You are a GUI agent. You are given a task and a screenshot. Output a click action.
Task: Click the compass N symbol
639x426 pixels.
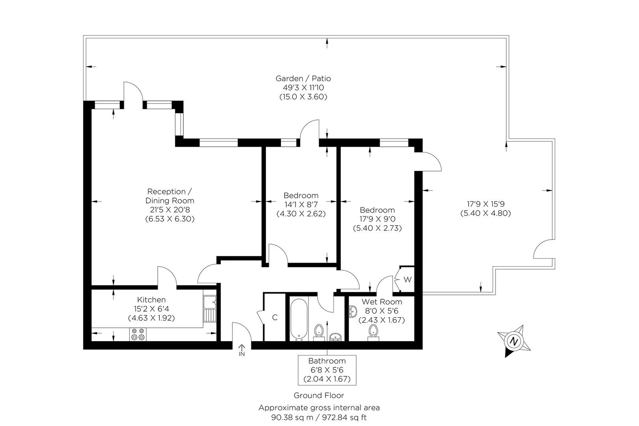pos(514,341)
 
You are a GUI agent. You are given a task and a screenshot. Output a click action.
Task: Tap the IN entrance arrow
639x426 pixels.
pos(242,347)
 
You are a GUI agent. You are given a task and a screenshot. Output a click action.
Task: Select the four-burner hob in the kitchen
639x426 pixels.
pos(138,334)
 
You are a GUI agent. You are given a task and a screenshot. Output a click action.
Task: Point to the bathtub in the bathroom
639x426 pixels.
pos(299,319)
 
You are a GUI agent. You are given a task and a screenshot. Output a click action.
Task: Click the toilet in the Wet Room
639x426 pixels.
pos(373,333)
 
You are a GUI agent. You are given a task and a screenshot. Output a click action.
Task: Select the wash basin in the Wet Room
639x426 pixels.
pos(353,311)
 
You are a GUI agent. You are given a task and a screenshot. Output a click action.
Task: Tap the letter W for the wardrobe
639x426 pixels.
pos(407,280)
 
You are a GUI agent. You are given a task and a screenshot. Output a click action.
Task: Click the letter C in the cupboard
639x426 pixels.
pos(275,317)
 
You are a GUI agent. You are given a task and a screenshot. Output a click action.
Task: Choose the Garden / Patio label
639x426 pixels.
pos(303,78)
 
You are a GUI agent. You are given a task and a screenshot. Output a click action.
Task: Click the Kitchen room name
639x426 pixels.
pos(151,300)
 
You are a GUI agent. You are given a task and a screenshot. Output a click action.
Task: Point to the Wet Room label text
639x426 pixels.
pos(382,302)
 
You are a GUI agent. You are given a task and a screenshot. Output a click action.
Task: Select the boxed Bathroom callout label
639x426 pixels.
pos(327,370)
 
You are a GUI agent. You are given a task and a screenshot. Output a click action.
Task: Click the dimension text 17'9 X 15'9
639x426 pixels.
pos(486,204)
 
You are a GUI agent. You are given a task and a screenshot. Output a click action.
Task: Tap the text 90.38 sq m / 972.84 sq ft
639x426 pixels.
pos(319,417)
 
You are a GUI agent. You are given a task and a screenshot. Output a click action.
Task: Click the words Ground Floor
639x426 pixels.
pos(319,395)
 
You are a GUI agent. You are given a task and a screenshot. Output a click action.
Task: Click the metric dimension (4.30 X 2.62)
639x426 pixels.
pos(301,214)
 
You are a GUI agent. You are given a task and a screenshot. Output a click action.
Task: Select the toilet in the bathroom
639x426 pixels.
pos(319,333)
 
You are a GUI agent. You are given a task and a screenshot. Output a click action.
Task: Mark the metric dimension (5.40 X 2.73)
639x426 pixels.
pos(377,228)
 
